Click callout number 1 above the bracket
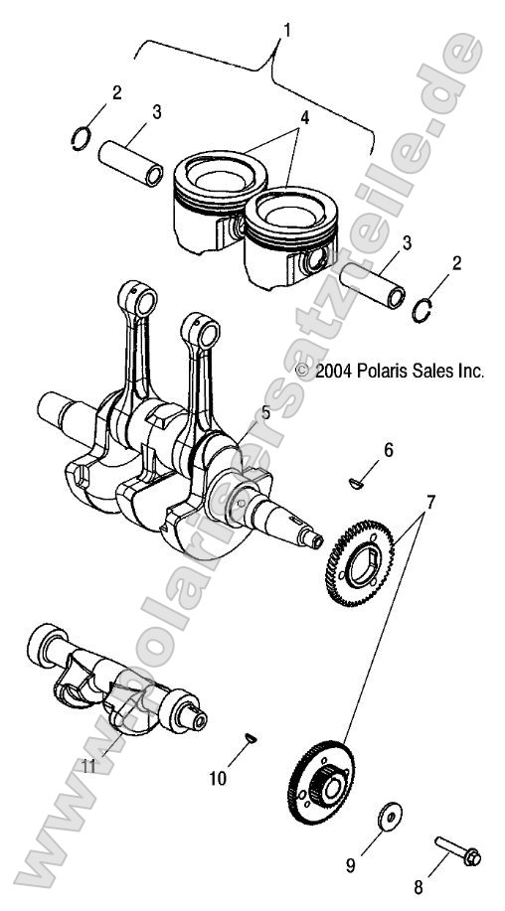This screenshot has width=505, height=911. [288, 31]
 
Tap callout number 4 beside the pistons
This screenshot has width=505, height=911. [304, 117]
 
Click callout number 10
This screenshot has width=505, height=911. [218, 778]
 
